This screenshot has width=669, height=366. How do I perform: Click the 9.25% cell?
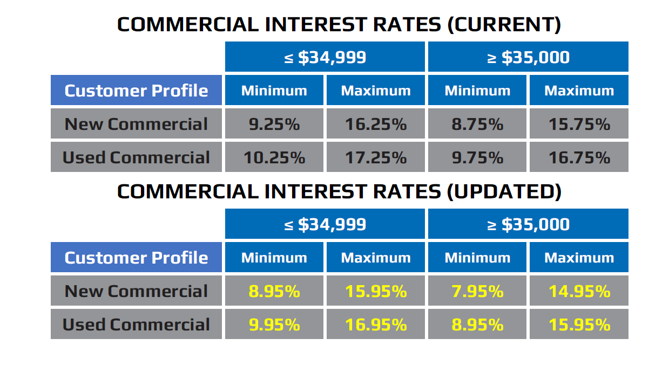pyautogui.click(x=274, y=123)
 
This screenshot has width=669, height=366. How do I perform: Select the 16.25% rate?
pyautogui.click(x=376, y=123)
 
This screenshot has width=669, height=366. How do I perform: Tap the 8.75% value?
pyautogui.click(x=477, y=123)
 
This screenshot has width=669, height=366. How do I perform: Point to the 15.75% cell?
pyautogui.click(x=579, y=123)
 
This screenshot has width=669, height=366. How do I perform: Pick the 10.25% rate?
pyautogui.click(x=274, y=157)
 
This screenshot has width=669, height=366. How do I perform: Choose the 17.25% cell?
pyautogui.click(x=376, y=157)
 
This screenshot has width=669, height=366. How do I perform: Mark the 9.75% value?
pyautogui.click(x=477, y=157)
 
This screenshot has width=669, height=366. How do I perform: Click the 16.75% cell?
pyautogui.click(x=579, y=157)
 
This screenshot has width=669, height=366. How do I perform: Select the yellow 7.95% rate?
pyautogui.click(x=477, y=291)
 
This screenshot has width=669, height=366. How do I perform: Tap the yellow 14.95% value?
pyautogui.click(x=579, y=291)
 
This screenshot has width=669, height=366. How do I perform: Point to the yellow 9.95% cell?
pyautogui.click(x=274, y=324)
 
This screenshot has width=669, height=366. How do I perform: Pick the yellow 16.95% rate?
pyautogui.click(x=376, y=324)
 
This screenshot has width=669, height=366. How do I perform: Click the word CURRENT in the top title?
pyautogui.click(x=504, y=24)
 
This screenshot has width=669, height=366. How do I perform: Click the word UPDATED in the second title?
pyautogui.click(x=504, y=191)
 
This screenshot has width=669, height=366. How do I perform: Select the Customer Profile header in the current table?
pyautogui.click(x=136, y=91)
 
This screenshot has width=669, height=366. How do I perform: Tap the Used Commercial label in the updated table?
pyautogui.click(x=136, y=324)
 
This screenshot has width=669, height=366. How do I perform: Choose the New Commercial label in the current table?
pyautogui.click(x=136, y=123)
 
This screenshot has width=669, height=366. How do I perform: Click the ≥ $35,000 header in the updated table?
pyautogui.click(x=528, y=224)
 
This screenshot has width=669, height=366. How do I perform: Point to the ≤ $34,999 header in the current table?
pyautogui.click(x=325, y=57)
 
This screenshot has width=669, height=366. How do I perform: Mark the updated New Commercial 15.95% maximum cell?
pyautogui.click(x=376, y=291)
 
